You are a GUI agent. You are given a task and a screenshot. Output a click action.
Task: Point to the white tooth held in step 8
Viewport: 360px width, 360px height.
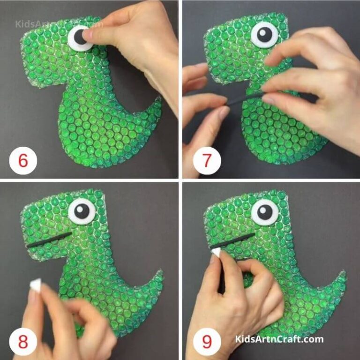click(x=35, y=284)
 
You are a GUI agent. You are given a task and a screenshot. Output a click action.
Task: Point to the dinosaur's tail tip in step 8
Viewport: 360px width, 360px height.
click(x=161, y=271)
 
